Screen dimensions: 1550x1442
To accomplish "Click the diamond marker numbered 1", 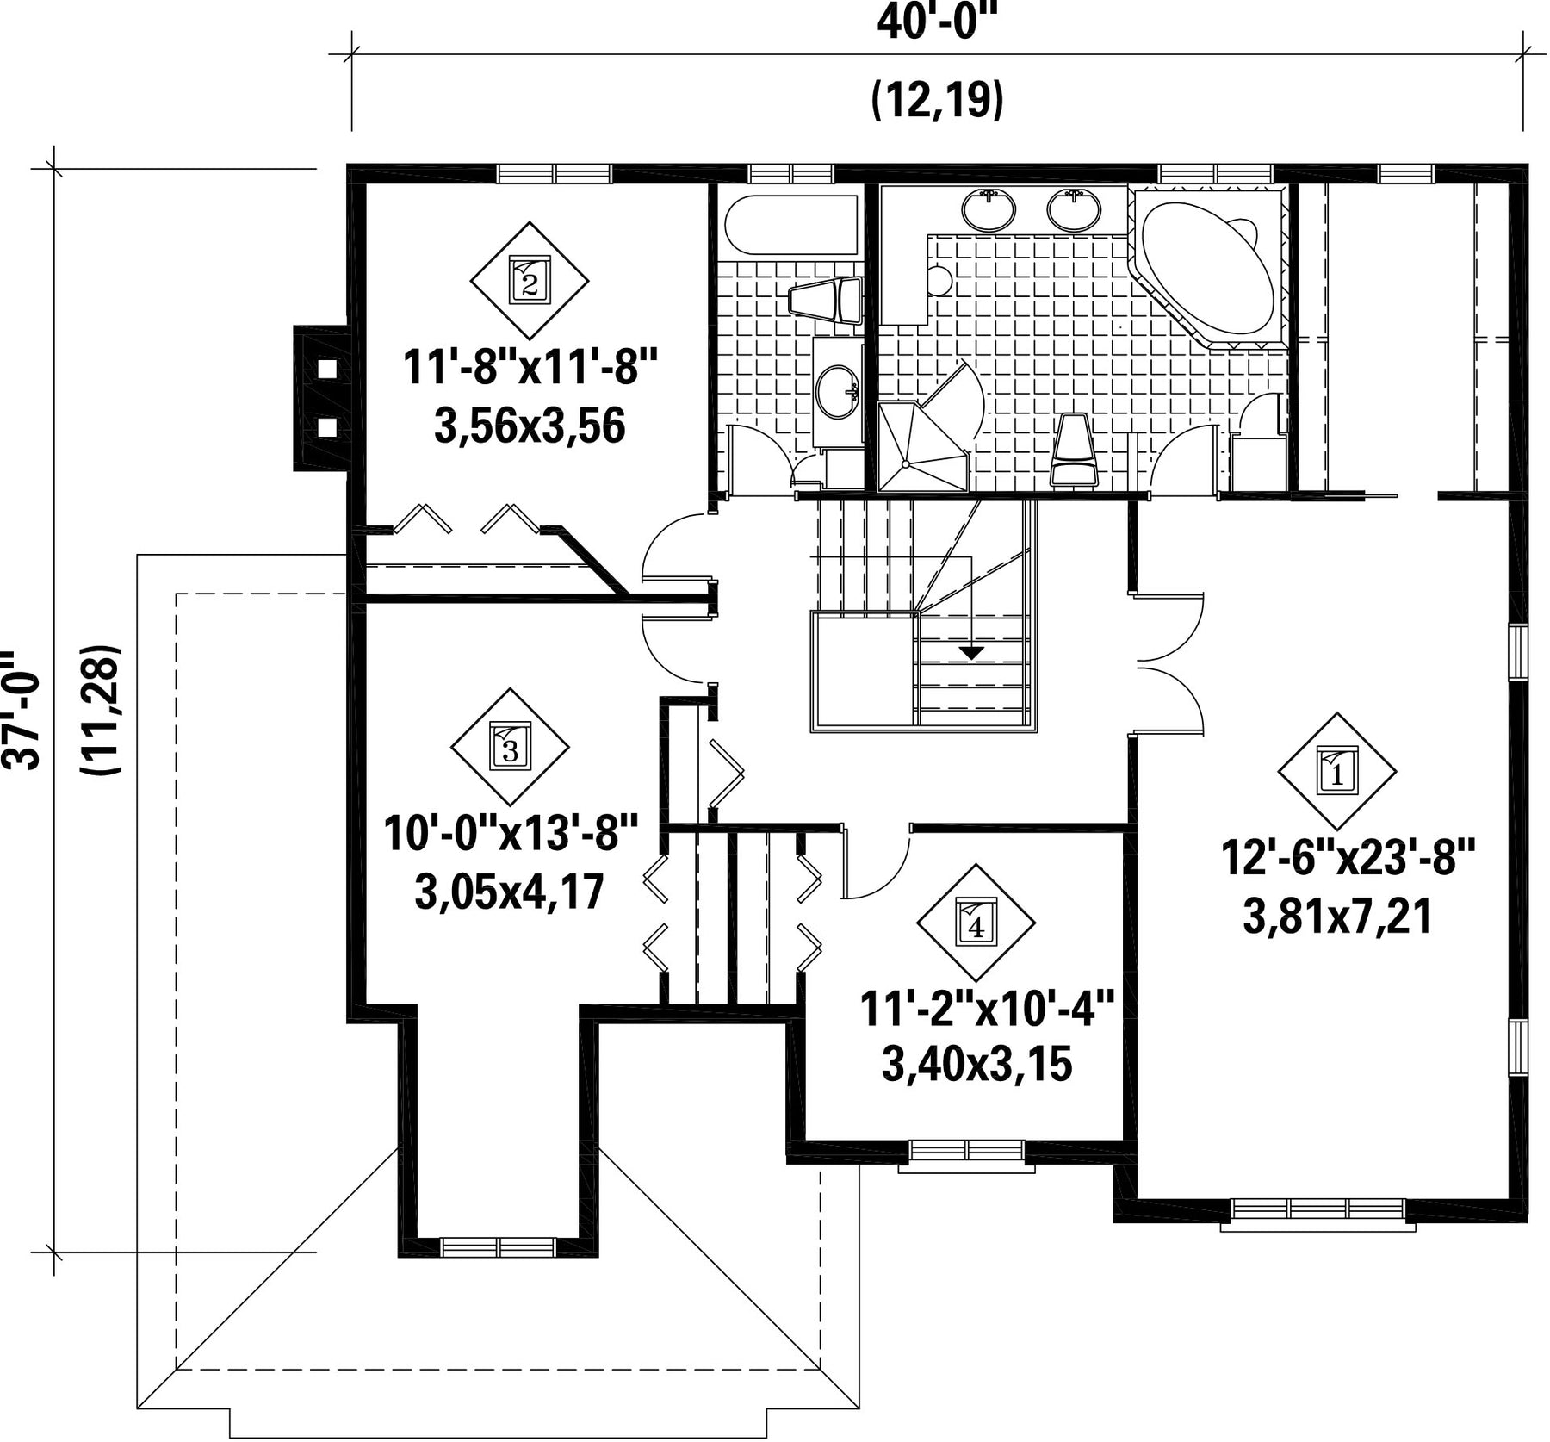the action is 1336,772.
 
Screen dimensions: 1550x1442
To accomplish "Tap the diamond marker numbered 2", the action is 529,280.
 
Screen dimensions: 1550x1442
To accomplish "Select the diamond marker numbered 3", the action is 510,747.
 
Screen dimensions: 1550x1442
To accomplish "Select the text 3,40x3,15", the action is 976,1065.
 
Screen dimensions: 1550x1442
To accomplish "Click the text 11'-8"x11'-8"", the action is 530,370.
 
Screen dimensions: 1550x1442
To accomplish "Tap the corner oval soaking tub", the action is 1209,266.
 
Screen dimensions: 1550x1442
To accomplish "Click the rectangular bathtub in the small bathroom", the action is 791,223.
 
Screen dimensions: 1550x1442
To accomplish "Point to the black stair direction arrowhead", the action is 972,652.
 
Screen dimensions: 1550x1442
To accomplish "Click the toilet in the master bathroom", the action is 1074,450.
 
